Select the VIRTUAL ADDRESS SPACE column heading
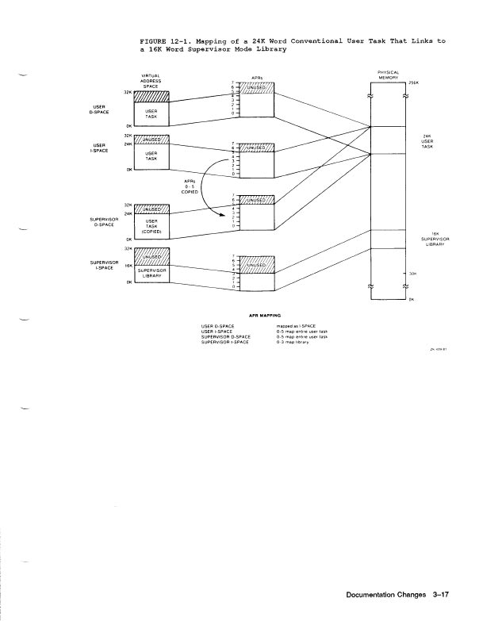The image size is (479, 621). [151, 80]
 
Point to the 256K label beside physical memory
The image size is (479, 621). [412, 82]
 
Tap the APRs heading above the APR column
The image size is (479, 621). [257, 78]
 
